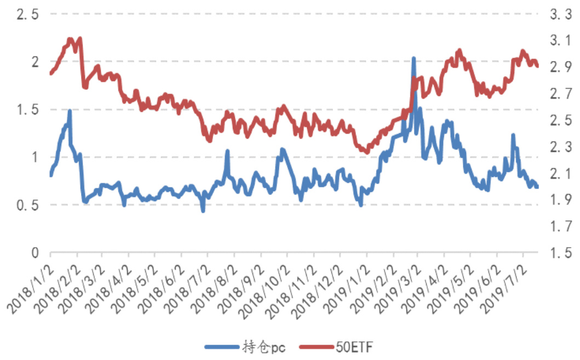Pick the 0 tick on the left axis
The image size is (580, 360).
coord(34,253)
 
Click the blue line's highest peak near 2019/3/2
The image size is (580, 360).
coord(414,58)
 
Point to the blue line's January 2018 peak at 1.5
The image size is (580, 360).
coord(70,111)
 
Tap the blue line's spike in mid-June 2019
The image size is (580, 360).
coord(513,135)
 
